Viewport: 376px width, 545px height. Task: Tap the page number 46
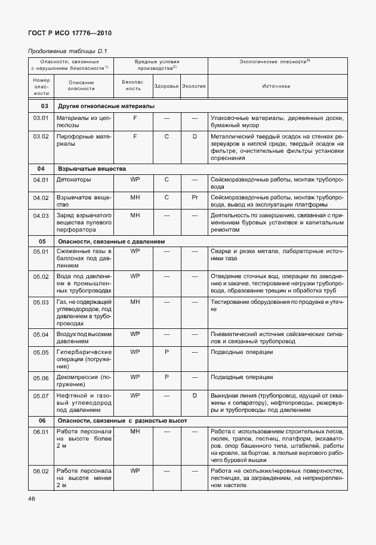tap(31, 498)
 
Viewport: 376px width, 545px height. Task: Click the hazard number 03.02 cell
tap(41, 137)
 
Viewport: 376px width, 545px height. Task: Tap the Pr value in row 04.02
tap(195, 197)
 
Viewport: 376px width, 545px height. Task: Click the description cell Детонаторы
tap(74, 180)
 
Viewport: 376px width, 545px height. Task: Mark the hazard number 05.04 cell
tap(41, 335)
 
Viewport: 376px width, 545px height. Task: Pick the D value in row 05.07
tap(195, 396)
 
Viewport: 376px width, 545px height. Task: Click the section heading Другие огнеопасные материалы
tap(106, 106)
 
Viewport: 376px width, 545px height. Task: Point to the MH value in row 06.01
tap(135, 432)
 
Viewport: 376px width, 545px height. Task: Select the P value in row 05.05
tap(167, 352)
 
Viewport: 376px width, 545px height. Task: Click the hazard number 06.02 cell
tap(41, 472)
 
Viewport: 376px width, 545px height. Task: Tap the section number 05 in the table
tap(42, 242)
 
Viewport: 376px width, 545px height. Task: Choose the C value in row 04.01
tap(167, 180)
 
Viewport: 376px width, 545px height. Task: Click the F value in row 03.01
tap(135, 119)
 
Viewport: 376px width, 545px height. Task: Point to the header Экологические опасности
tap(275, 62)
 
